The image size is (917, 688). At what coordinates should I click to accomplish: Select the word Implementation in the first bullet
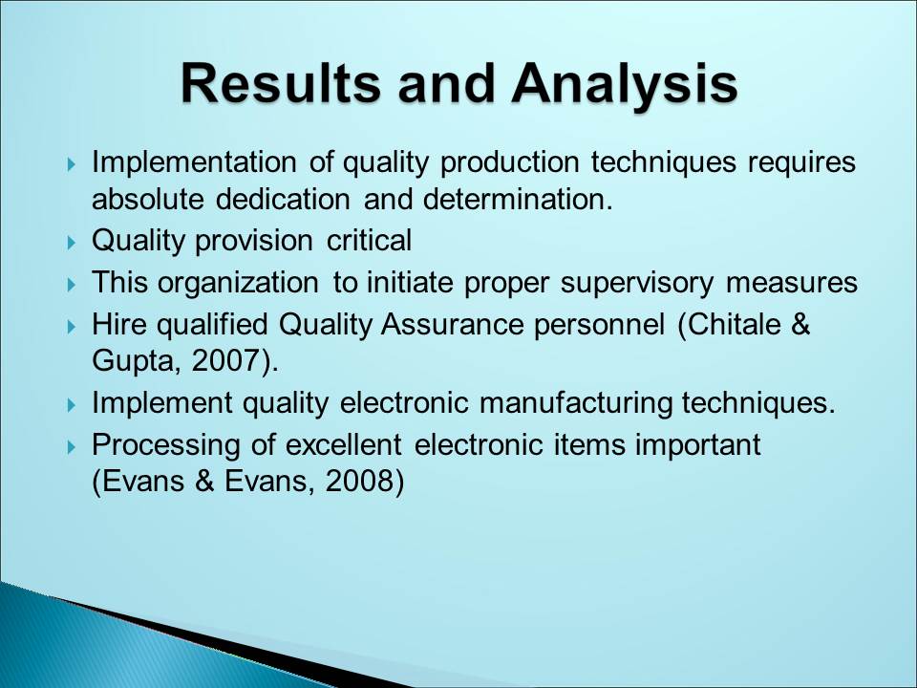194,163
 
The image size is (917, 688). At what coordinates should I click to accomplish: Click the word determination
518,199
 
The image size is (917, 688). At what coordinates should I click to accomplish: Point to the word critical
369,240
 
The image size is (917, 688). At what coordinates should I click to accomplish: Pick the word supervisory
637,283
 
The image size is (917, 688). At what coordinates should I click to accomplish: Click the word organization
238,283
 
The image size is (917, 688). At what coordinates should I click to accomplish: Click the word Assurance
452,324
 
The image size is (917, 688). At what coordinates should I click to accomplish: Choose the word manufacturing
575,403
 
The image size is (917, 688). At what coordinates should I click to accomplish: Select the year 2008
359,482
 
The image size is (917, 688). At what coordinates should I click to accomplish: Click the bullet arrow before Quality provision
72,242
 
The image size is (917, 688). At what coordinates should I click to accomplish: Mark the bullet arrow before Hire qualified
72,326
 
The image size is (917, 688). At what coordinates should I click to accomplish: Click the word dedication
283,199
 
